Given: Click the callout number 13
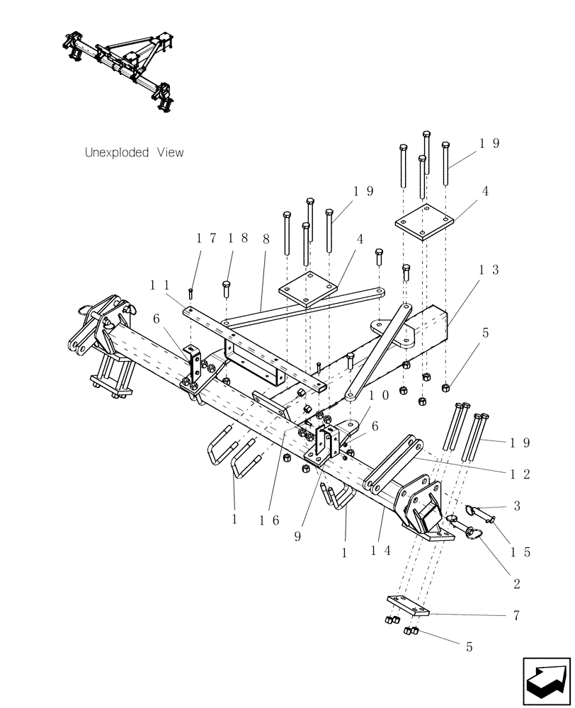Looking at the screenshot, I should (x=488, y=270).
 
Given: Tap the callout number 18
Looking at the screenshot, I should (x=234, y=239).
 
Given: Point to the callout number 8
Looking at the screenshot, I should (x=266, y=239).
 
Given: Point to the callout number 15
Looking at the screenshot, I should (x=521, y=552).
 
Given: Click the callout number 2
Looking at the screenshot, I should (x=517, y=584).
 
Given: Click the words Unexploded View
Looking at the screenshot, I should (x=134, y=152).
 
